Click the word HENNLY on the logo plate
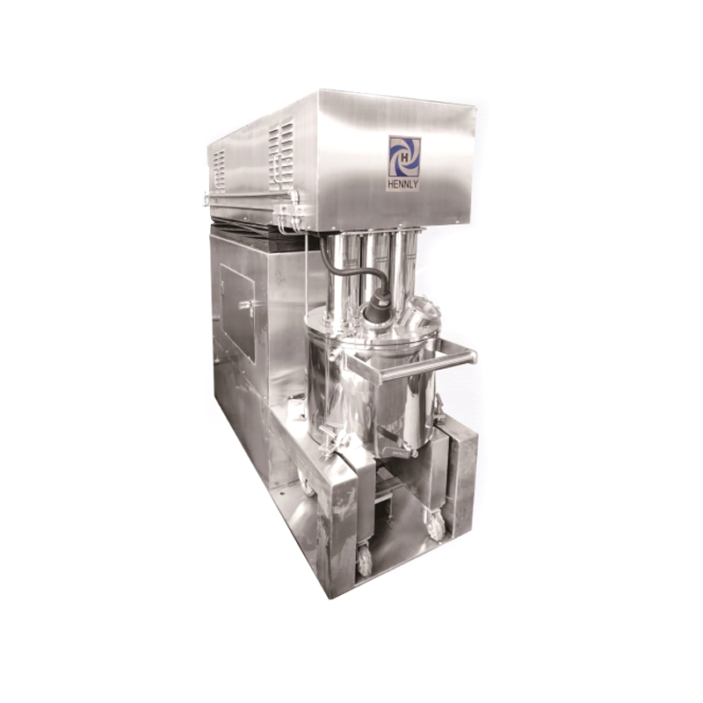[x=403, y=184]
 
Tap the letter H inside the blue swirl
[x=404, y=157]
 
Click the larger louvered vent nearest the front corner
[x=281, y=153]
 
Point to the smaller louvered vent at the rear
[x=219, y=170]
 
